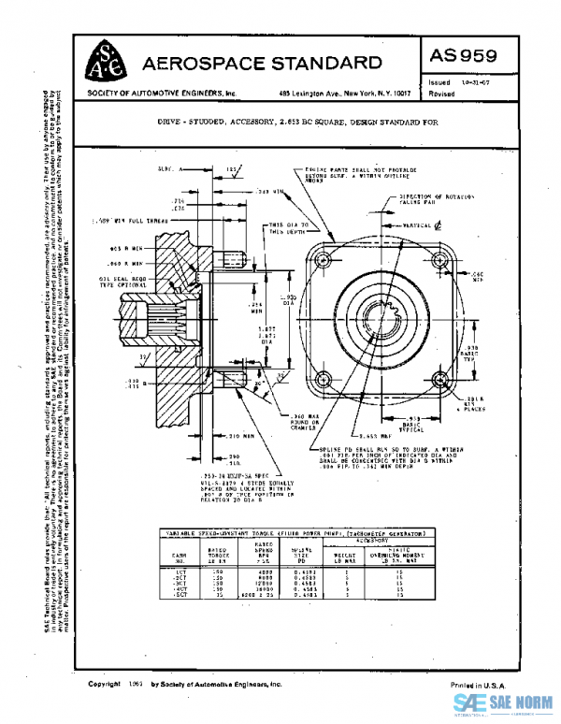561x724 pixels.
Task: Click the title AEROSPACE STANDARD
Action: [262, 64]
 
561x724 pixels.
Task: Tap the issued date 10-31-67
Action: [476, 83]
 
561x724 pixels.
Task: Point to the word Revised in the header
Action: [442, 95]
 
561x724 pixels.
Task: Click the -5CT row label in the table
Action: [180, 594]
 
